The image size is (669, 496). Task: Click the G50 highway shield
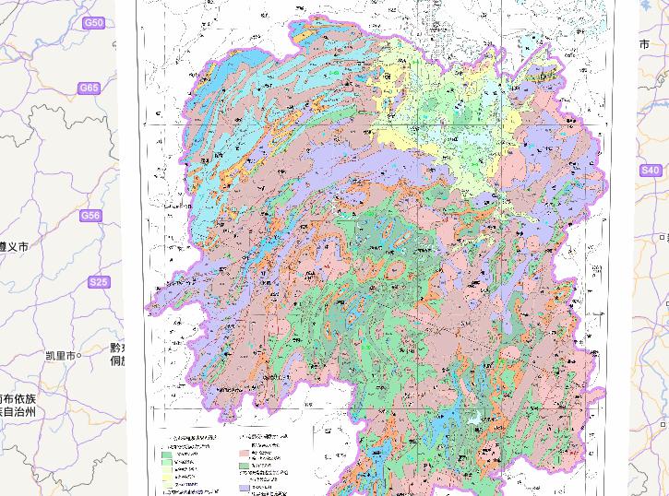93,22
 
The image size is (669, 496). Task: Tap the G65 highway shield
89,89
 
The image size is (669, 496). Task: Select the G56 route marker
90,216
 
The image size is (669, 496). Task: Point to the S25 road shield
98,282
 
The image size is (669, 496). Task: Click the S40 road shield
651,171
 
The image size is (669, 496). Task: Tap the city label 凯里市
60,355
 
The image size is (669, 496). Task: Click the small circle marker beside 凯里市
79,355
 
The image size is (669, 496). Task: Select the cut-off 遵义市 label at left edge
14,247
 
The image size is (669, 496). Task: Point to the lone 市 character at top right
644,44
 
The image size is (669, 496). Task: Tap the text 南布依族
17,398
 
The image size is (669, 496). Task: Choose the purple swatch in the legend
246,488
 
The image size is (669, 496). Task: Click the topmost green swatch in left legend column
167,454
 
